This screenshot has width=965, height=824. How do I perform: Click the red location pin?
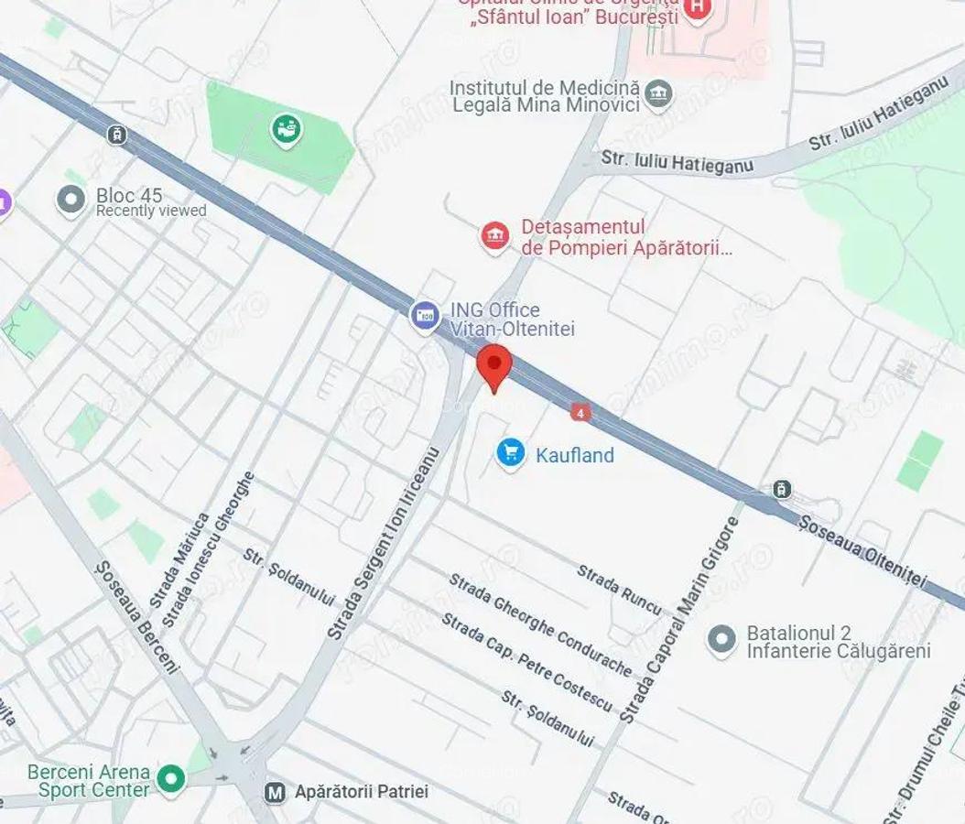pos(494,367)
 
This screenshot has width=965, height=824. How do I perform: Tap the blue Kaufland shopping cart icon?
pos(510,452)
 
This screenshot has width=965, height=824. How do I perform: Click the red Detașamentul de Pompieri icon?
pos(494,236)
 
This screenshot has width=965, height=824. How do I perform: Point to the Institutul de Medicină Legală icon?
pos(657,92)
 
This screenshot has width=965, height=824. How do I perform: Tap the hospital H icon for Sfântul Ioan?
pos(698,9)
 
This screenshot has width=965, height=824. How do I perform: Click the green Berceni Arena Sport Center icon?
pos(169,779)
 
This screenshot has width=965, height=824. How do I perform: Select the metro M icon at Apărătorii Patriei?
pos(273,792)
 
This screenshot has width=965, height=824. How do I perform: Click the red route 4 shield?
pos(579,413)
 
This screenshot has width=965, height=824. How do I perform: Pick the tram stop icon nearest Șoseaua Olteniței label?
pos(781,489)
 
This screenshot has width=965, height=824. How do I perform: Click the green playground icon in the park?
pos(287,129)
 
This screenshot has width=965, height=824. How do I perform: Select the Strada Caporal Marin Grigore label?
pos(679,620)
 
